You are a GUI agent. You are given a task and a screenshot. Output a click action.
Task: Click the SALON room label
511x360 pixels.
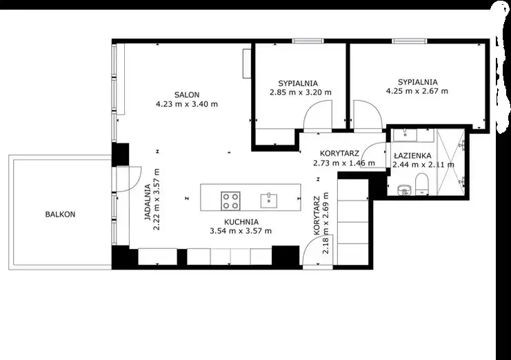[x=187, y=94]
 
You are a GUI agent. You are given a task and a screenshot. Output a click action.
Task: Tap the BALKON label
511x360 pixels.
[x=60, y=214]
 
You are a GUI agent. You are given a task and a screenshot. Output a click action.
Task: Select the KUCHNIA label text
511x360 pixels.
[x=241, y=222]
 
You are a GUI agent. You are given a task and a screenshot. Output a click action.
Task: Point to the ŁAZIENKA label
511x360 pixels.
[x=412, y=156]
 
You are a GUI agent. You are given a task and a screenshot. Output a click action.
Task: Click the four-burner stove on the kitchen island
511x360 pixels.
[x=231, y=201]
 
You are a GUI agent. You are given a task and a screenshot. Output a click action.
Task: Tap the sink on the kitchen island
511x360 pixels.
[x=269, y=201]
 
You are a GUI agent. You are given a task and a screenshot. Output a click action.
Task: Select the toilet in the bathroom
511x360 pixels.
[x=422, y=184]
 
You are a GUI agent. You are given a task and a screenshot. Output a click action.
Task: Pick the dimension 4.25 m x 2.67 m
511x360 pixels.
[x=417, y=91]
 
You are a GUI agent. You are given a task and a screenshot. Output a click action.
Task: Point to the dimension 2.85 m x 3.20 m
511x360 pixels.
[x=301, y=92]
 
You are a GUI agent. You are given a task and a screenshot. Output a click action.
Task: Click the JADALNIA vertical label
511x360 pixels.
[x=148, y=203]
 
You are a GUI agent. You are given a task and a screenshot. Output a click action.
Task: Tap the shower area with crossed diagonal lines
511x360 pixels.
[x=450, y=162]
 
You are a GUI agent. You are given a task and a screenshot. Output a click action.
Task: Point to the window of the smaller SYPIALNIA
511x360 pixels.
[x=308, y=41]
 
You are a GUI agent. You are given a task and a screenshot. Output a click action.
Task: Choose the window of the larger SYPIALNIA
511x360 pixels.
[x=410, y=41]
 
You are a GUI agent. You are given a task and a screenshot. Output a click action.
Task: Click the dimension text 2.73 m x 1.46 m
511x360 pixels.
[x=344, y=163]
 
